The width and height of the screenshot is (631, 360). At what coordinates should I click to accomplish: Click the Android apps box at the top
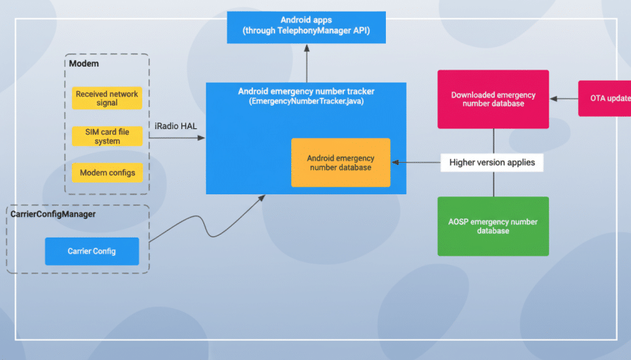pos(306,26)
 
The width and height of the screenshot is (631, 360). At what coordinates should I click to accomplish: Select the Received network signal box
pos(106,99)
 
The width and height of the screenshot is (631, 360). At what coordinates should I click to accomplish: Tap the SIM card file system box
pos(106,136)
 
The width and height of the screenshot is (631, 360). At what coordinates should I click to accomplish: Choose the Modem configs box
pos(106,172)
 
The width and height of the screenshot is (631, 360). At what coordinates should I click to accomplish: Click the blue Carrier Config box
pos(92,251)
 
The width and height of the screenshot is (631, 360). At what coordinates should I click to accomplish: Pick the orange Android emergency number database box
pos(340,163)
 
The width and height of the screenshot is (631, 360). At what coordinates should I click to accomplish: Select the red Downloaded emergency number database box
pos(493,99)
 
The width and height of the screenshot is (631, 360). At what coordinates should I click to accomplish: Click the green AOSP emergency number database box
pos(493,226)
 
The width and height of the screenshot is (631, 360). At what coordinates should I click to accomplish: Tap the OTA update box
pos(605,98)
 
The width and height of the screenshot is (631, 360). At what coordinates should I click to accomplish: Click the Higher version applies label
pos(492,162)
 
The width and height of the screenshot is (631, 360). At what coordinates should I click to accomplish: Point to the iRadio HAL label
pos(175,126)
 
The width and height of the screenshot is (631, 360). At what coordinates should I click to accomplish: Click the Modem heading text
pos(84,64)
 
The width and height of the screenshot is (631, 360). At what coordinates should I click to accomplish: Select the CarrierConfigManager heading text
pos(53,214)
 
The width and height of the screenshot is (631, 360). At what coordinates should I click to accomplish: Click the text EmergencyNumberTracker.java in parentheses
pos(306,101)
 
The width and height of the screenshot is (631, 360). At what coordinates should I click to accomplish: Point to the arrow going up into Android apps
pos(306,63)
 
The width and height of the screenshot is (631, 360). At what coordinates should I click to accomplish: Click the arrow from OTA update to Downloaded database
pos(563,98)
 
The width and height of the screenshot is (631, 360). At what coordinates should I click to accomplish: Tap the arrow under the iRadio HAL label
pos(176,137)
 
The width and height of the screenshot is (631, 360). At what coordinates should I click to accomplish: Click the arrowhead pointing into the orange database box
pos(395,162)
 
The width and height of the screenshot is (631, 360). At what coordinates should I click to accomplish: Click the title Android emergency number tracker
pos(306,92)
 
